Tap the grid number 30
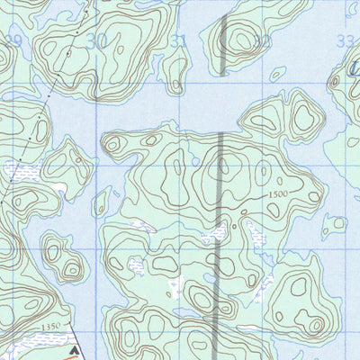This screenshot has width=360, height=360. (x=97, y=40)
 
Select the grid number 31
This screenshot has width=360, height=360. (x=180, y=40)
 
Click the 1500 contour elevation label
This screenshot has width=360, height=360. (x=279, y=193)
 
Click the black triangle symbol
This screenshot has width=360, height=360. (x=75, y=345)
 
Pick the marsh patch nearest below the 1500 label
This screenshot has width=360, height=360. (x=254, y=236)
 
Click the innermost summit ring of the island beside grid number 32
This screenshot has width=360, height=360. (x=241, y=40)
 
